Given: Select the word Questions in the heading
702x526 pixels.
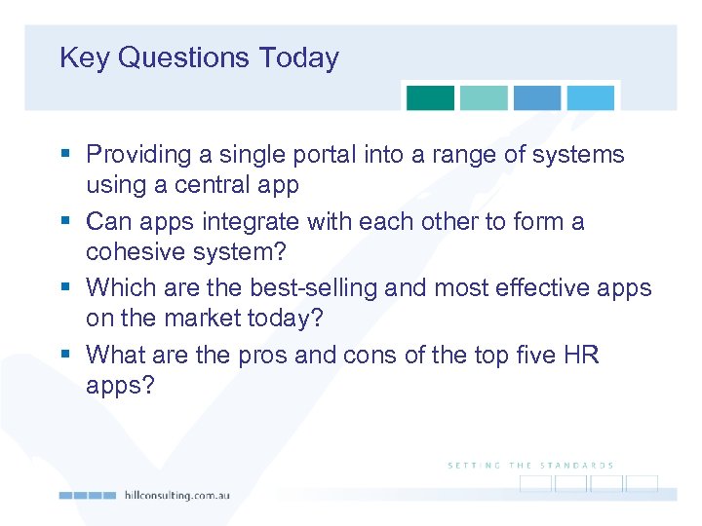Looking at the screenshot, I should pyautogui.click(x=184, y=58).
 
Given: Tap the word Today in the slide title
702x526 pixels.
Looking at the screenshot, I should pyautogui.click(x=298, y=58).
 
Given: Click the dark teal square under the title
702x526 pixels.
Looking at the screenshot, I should pyautogui.click(x=430, y=97).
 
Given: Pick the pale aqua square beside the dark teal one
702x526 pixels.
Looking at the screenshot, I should pyautogui.click(x=484, y=97).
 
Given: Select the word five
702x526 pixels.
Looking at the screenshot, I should pyautogui.click(x=533, y=357).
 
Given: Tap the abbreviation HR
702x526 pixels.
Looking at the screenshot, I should pyautogui.click(x=581, y=357).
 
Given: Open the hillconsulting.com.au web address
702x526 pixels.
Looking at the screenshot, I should pyautogui.click(x=176, y=495).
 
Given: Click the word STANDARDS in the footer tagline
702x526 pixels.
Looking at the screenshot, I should pyautogui.click(x=577, y=466).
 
